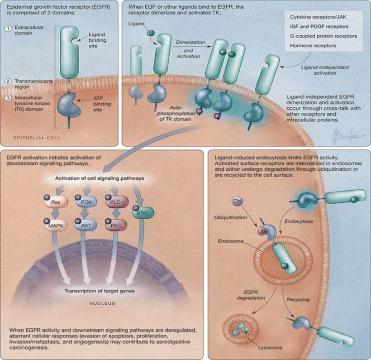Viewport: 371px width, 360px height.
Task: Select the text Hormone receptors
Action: tap(313, 46)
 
